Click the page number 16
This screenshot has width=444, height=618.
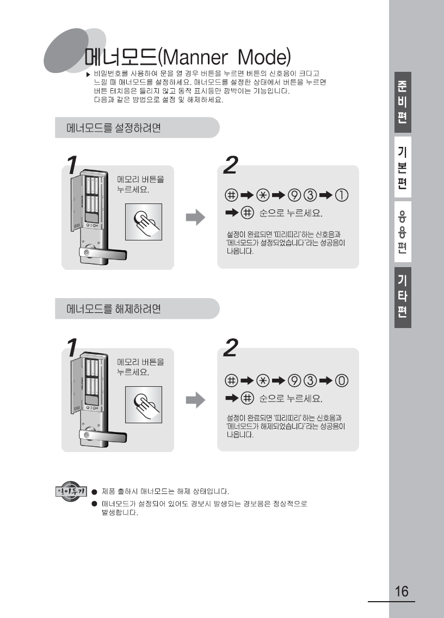[x=402, y=591]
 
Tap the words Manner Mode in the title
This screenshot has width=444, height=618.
[x=226, y=57]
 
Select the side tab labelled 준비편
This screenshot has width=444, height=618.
[x=403, y=102]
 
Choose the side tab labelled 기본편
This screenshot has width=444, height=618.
[x=403, y=167]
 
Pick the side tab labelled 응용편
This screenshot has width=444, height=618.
[x=403, y=232]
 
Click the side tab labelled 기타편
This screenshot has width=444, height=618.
[x=403, y=297]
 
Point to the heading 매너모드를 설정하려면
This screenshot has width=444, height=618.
[x=114, y=128]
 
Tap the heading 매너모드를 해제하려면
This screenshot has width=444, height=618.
[x=114, y=308]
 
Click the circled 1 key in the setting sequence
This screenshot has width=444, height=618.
[x=342, y=195]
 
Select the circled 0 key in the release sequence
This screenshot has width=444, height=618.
[x=342, y=381]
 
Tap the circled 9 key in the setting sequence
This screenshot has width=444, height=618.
[x=294, y=195]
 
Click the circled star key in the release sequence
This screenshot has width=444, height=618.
[x=263, y=381]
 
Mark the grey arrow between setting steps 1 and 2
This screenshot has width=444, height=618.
[x=195, y=217]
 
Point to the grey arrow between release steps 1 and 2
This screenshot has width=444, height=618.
[x=195, y=400]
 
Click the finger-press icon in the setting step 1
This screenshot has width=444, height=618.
[x=144, y=222]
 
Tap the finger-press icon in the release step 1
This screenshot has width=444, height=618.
[x=144, y=405]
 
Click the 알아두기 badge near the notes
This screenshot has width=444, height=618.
[x=71, y=491]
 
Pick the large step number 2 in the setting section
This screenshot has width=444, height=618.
[x=231, y=165]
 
